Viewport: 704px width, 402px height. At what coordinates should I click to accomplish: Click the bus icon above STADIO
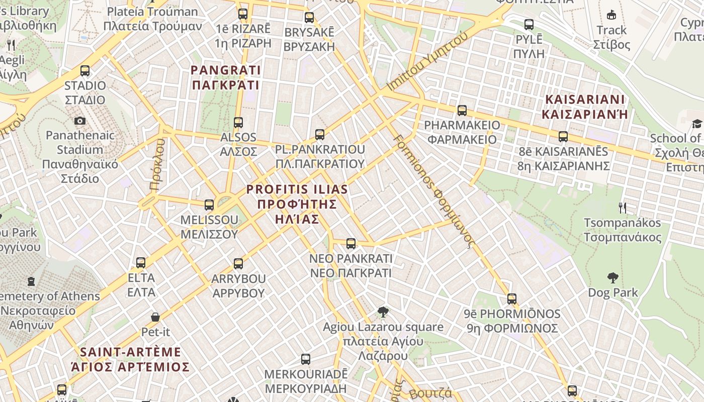[85, 71]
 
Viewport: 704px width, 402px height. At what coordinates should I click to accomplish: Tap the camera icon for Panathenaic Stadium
[79, 121]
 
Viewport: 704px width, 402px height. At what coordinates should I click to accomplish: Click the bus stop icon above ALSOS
[238, 122]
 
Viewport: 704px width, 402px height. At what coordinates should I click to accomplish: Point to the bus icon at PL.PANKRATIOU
[320, 134]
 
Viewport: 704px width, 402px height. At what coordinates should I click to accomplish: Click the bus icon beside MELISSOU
[209, 205]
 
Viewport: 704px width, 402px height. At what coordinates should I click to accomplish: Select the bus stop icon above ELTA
[141, 262]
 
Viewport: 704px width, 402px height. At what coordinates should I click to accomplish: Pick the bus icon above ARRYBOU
[238, 263]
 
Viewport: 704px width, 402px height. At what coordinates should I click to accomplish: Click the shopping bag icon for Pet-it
[155, 317]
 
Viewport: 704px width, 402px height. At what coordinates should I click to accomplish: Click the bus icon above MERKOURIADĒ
[306, 359]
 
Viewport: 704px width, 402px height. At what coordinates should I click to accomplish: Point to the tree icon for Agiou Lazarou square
[383, 312]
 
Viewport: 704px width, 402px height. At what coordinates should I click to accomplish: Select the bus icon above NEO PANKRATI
[351, 243]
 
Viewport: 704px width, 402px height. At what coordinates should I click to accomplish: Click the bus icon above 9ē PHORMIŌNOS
[512, 299]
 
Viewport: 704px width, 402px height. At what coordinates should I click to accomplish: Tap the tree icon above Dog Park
[612, 277]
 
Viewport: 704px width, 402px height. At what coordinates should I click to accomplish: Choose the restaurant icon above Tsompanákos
[623, 207]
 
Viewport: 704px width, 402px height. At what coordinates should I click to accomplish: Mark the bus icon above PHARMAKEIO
[462, 110]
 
